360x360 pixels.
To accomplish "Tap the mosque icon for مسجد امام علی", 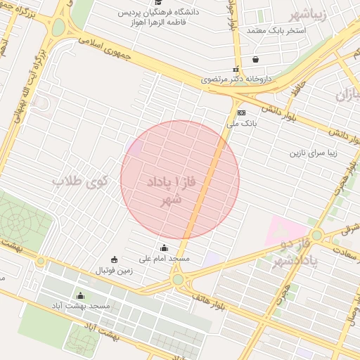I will pyautogui.click(x=165, y=247).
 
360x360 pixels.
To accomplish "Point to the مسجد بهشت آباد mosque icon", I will pyautogui.click(x=80, y=295).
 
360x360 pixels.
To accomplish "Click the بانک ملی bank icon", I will pyautogui.click(x=241, y=112).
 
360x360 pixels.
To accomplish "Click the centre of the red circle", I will pyautogui.click(x=180, y=180).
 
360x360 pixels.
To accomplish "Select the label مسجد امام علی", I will pyautogui.click(x=164, y=259).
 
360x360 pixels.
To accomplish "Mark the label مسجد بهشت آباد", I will pyautogui.click(x=79, y=307).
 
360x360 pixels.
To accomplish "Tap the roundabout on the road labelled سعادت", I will pyautogui.click(x=317, y=235).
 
